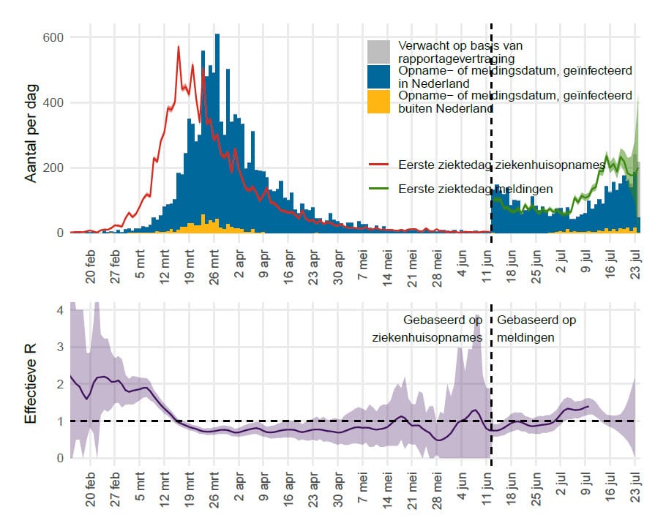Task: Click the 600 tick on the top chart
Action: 54,37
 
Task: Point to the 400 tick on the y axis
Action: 54,102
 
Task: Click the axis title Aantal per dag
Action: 31,135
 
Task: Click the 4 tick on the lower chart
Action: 60,310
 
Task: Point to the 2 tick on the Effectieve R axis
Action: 60,385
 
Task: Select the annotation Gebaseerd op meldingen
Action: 535,329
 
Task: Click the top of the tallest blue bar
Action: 217,34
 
